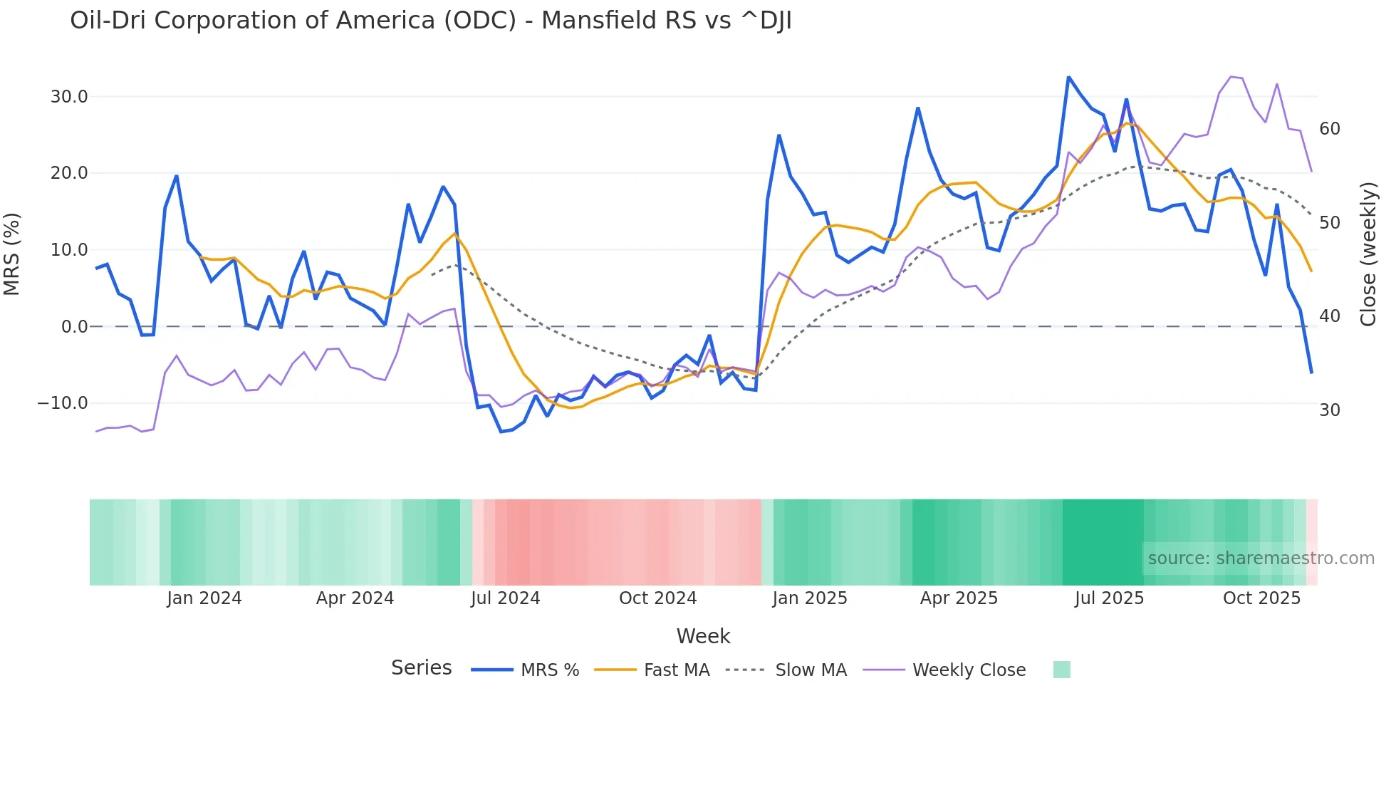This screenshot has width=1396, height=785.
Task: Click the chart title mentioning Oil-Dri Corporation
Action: (x=430, y=21)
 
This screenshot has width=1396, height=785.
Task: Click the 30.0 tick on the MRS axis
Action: (x=69, y=97)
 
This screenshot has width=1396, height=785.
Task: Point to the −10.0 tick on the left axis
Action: (x=63, y=403)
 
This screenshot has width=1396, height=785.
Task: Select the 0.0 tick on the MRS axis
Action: (x=74, y=327)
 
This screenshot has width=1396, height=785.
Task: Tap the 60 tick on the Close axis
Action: (x=1329, y=129)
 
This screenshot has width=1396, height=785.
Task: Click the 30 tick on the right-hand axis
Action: (x=1329, y=410)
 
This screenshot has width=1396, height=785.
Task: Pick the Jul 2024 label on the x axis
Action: (x=505, y=598)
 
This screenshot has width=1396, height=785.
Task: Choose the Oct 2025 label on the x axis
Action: (x=1261, y=598)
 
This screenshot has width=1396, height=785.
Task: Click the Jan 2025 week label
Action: (x=809, y=598)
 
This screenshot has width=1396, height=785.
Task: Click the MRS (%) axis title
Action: (x=12, y=254)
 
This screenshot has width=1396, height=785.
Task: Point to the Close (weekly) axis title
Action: (x=1368, y=254)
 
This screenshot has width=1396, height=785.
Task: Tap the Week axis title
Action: (x=703, y=636)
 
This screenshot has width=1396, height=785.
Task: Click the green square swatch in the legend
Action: (x=1061, y=670)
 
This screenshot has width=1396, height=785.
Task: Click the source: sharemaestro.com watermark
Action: (x=1261, y=558)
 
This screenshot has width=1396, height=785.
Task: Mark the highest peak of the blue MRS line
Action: (x=1068, y=77)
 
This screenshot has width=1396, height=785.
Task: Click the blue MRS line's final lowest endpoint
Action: (x=1311, y=373)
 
